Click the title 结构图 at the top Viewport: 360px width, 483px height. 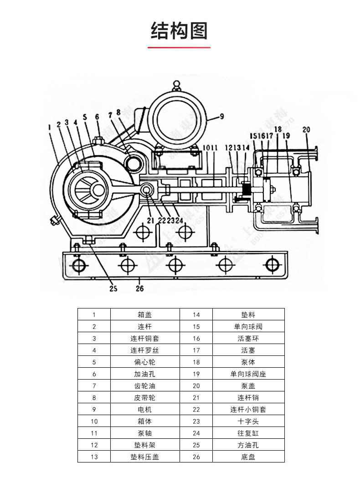(x=180, y=31)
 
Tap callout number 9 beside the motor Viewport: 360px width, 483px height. (x=221, y=117)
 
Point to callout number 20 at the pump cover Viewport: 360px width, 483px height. (x=306, y=130)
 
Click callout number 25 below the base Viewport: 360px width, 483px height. (x=113, y=288)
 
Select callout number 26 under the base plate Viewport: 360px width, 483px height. (x=140, y=288)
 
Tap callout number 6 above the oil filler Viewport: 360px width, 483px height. (x=97, y=117)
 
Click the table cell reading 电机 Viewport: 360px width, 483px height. (x=144, y=409)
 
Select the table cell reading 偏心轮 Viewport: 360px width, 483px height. (x=144, y=362)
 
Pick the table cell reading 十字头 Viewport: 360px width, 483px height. (x=248, y=421)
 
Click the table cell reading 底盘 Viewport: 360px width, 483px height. (x=248, y=457)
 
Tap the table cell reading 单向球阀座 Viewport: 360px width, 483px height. (x=248, y=374)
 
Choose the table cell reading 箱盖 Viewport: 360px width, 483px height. (x=144, y=314)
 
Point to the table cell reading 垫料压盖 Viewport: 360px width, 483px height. (x=144, y=457)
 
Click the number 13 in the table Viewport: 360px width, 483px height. (x=94, y=457)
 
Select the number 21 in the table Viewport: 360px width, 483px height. (x=196, y=397)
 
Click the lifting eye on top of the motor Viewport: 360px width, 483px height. (x=176, y=85)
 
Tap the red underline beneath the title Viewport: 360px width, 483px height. (x=180, y=47)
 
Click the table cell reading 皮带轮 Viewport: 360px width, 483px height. (x=144, y=397)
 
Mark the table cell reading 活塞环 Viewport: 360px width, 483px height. (x=248, y=338)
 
